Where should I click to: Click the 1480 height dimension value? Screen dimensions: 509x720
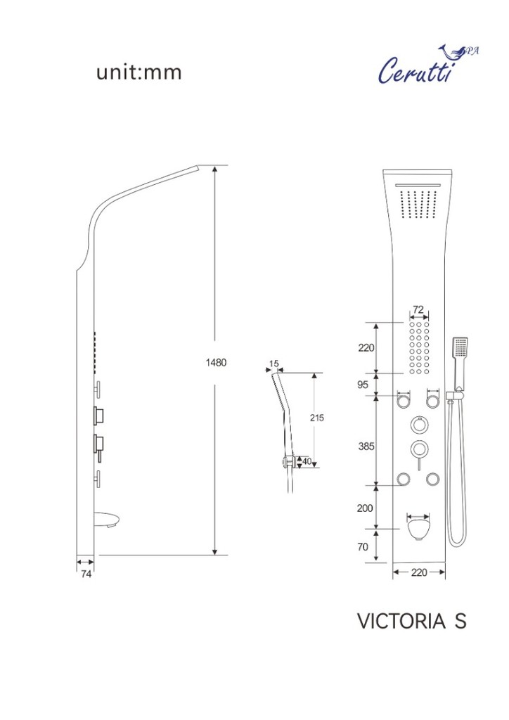[216, 362]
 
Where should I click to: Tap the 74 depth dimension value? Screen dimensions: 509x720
[86, 574]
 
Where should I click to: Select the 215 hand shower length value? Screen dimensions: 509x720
[316, 418]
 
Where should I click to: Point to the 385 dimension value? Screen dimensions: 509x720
[366, 446]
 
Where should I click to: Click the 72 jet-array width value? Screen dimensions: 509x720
[418, 309]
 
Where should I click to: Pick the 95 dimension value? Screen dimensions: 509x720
[363, 385]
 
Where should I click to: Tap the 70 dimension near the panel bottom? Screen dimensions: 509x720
[363, 547]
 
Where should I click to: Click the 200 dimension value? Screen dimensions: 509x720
[365, 508]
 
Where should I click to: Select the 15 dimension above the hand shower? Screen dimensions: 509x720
[274, 364]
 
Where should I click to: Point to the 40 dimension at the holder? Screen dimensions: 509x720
[307, 461]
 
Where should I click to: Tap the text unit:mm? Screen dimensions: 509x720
[139, 72]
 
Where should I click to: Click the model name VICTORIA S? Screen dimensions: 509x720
[412, 622]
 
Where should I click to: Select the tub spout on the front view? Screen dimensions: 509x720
[418, 528]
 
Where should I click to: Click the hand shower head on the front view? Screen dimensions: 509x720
[460, 347]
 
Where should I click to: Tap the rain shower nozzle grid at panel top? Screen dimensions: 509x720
[418, 203]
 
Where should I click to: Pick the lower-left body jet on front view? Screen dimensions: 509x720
[404, 480]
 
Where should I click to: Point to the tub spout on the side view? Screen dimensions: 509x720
[108, 520]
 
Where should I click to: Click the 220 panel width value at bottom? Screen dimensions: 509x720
[418, 572]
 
